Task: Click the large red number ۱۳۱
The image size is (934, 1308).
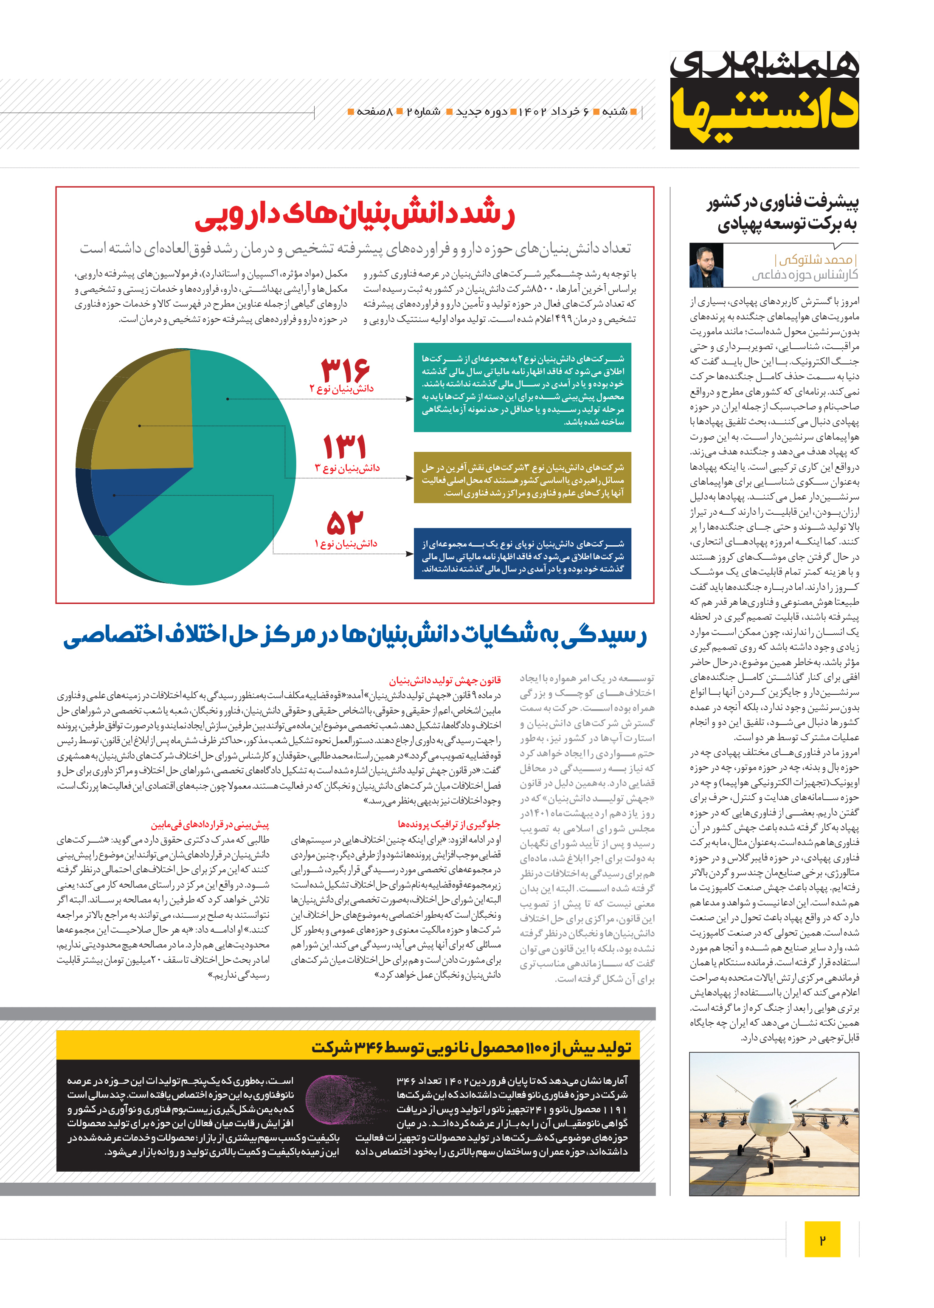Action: pyautogui.click(x=344, y=446)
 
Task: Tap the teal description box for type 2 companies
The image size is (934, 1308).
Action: pyautogui.click(x=522, y=387)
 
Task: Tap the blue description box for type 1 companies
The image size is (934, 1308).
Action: pyautogui.click(x=522, y=553)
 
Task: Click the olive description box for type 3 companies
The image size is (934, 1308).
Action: pyautogui.click(x=522, y=477)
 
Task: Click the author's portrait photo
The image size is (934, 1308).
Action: pyautogui.click(x=706, y=266)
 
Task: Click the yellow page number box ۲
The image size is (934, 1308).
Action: pyautogui.click(x=822, y=1239)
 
